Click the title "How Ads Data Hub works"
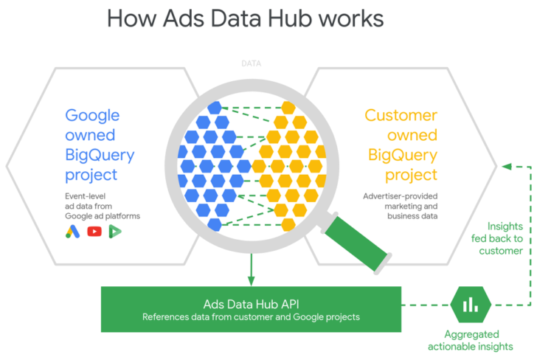click(x=246, y=18)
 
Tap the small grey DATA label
click(x=251, y=63)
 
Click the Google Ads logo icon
click(x=73, y=232)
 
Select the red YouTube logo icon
click(x=94, y=232)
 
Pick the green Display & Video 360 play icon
click(x=115, y=232)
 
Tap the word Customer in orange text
click(x=401, y=116)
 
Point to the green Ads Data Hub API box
click(x=251, y=310)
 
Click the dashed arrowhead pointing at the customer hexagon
click(x=506, y=166)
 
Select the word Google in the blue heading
click(x=92, y=116)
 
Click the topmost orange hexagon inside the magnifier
click(x=288, y=108)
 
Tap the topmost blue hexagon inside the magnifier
click(x=214, y=108)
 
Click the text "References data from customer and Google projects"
click(x=251, y=317)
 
